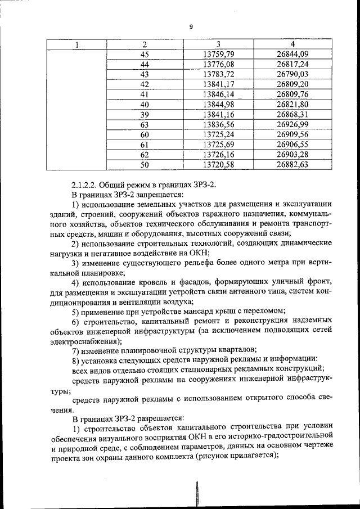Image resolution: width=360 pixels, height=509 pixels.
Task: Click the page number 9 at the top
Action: [x=191, y=27]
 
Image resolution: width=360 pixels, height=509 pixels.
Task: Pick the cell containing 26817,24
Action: [x=292, y=65]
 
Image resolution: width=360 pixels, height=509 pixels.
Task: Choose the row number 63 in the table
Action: [x=145, y=124]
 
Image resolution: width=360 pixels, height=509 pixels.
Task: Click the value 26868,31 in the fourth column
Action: [x=292, y=114]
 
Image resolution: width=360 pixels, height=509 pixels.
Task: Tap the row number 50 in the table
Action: [x=145, y=164]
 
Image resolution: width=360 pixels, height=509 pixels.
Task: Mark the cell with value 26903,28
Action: [x=292, y=154]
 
